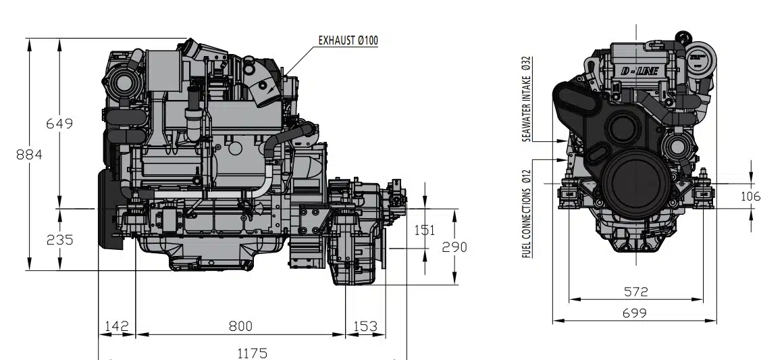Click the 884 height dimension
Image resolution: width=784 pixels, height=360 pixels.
[x=29, y=155]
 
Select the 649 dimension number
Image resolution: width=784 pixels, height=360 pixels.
[x=59, y=124]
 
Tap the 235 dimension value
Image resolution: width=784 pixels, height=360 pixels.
[x=59, y=240]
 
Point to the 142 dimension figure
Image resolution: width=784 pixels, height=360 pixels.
[x=117, y=326]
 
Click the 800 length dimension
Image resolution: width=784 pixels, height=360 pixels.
[x=240, y=326]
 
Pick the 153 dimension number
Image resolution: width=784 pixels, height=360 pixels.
[x=365, y=326]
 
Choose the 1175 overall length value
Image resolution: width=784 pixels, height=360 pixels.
[x=252, y=353]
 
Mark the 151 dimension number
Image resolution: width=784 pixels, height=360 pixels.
[x=425, y=230]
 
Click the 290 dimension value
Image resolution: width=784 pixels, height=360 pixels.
[x=454, y=247]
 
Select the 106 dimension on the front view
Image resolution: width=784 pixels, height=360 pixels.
[x=750, y=197]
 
